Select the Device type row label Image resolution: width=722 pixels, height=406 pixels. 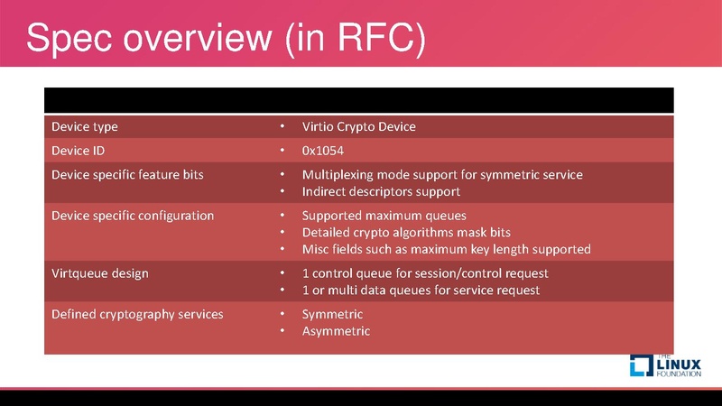click(x=85, y=126)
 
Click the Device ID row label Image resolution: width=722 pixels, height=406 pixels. click(x=79, y=150)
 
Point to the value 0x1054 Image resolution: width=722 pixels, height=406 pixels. click(x=322, y=150)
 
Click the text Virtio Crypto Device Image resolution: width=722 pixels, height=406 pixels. click(x=358, y=126)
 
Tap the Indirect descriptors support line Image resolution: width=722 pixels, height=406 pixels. click(x=381, y=191)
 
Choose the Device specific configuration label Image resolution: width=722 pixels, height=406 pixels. click(x=133, y=216)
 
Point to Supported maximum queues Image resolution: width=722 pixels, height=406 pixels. click(x=384, y=216)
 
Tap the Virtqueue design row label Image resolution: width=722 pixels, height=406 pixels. click(x=100, y=272)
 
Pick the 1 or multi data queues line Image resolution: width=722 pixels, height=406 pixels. click(x=421, y=290)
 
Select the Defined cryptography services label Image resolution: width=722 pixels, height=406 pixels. click(x=137, y=314)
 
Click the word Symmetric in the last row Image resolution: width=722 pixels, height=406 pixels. click(x=332, y=314)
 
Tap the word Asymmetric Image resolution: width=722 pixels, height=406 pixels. click(x=336, y=331)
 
